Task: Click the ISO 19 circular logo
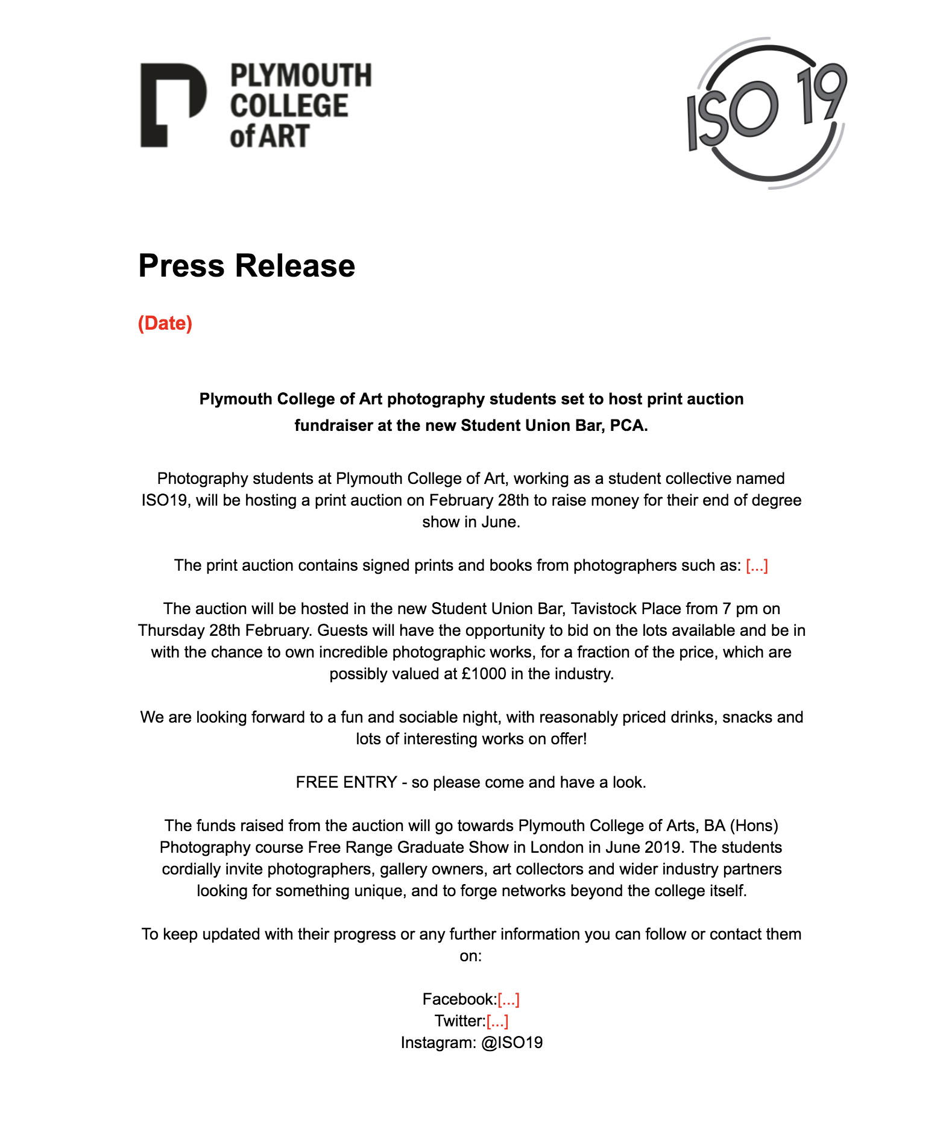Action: [x=767, y=113]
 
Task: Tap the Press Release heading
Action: [x=247, y=266]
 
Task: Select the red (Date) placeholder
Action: [x=165, y=323]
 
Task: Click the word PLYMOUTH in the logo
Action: [x=301, y=76]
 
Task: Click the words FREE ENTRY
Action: [x=346, y=782]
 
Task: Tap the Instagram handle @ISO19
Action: [x=512, y=1043]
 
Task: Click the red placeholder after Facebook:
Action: [x=508, y=999]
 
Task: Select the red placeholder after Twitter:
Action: [x=497, y=1021]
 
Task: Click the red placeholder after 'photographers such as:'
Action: [x=757, y=565]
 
